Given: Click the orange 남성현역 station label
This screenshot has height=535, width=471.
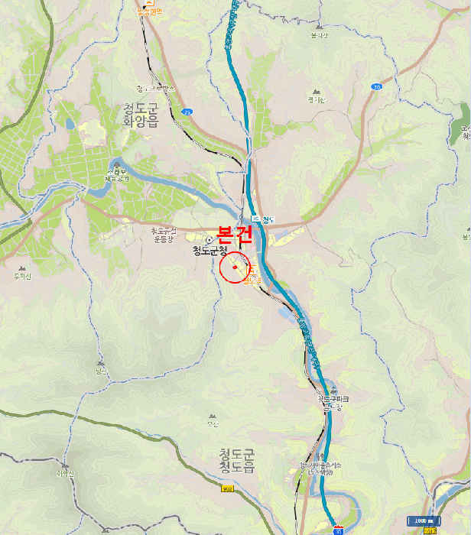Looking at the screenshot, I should [150, 11].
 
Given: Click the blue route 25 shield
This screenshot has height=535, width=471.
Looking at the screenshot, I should [187, 112].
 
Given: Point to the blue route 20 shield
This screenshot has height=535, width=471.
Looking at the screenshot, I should [376, 87].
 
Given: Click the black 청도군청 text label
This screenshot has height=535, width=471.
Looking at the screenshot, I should [210, 250].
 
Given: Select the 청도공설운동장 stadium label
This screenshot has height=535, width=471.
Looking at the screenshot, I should [164, 234].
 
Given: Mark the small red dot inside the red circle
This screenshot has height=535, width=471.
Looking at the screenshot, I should [235, 267].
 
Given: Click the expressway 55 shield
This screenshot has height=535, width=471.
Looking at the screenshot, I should [338, 529].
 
